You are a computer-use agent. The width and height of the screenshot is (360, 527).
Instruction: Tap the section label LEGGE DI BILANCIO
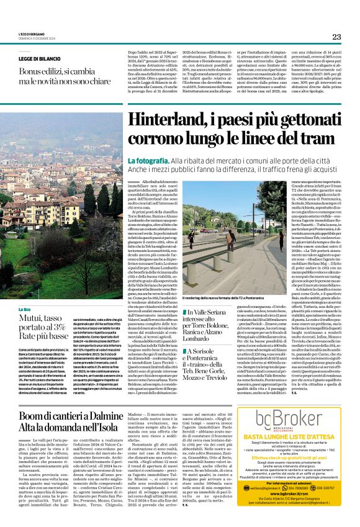click(x=41, y=58)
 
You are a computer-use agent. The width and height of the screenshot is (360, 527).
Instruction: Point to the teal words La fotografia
click(x=149, y=161)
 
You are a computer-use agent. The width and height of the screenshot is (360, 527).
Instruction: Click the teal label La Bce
click(x=24, y=309)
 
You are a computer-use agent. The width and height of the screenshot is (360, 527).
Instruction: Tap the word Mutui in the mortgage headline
click(x=34, y=318)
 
